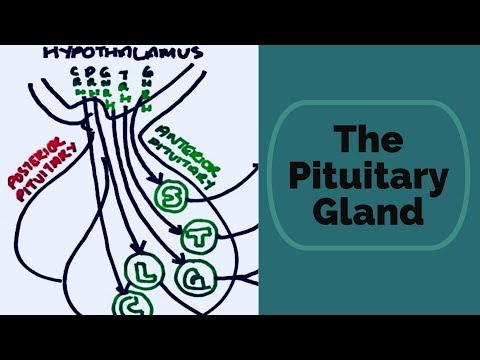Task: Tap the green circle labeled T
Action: [x=196, y=237]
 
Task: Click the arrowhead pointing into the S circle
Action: [x=157, y=186]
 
